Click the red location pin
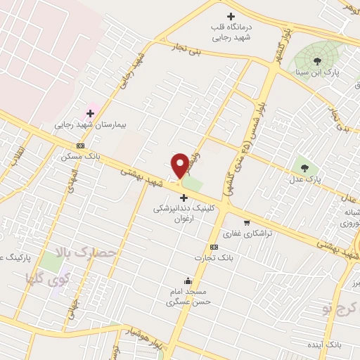180,165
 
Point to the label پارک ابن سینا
326,73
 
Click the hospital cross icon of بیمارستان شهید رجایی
90,112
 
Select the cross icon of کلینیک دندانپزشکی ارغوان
184,198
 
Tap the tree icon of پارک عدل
304,167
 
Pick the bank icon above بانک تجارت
214,247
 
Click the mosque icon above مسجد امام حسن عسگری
188,281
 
